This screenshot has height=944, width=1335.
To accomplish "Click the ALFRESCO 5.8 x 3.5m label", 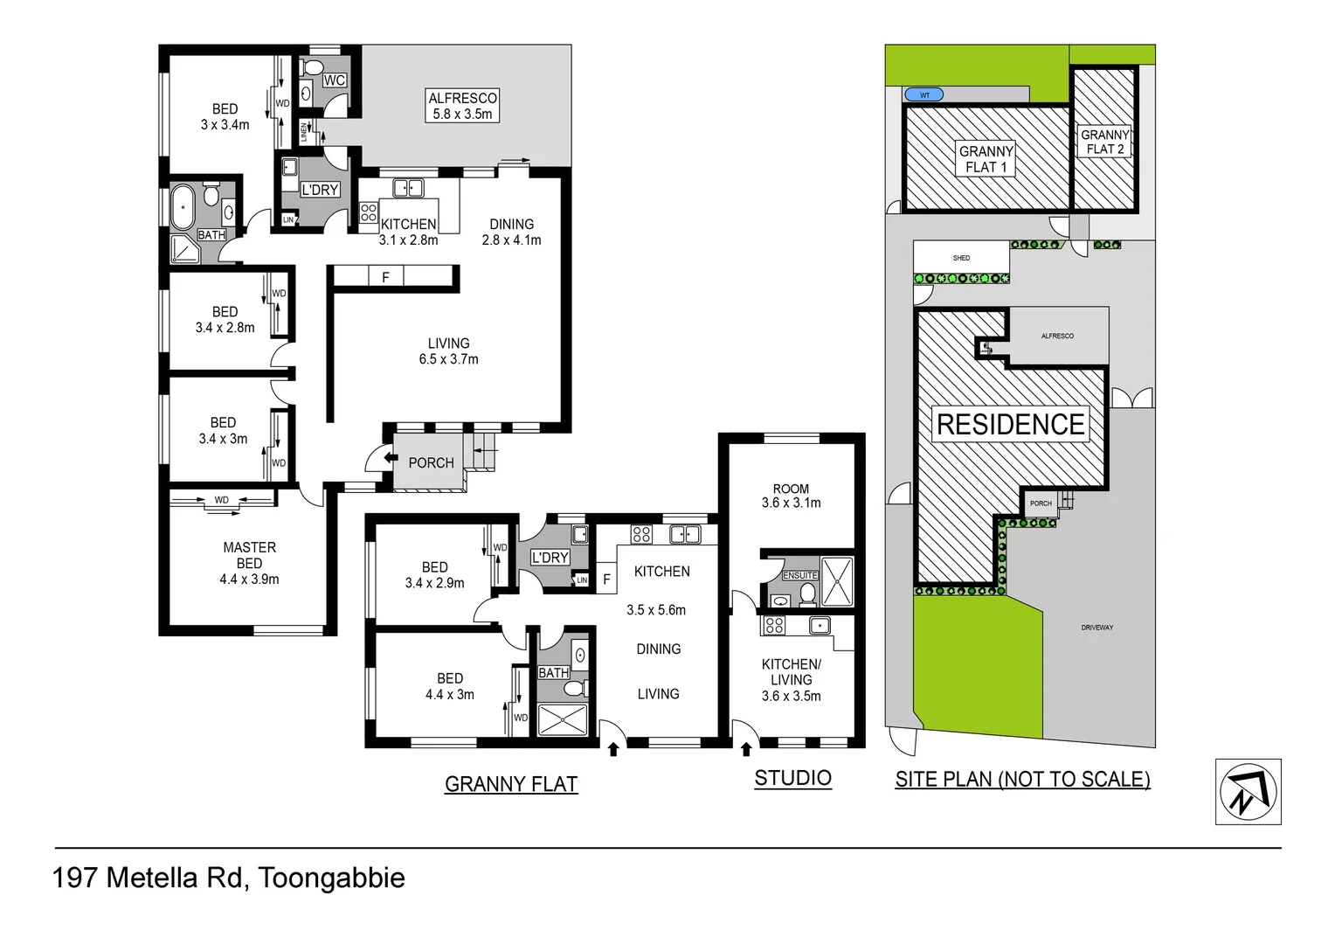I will [462, 106].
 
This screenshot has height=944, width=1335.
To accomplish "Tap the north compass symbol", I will [1248, 792].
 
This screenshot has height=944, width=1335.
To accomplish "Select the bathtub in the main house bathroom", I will [184, 208].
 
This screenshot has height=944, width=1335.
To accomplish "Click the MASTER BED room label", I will [249, 563].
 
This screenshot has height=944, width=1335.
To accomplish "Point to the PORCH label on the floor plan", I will [431, 463].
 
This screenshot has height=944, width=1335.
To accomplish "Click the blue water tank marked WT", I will [923, 94].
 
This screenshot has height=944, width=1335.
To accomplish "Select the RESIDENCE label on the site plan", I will [1010, 425].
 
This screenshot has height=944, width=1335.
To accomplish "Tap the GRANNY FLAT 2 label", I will [1104, 142].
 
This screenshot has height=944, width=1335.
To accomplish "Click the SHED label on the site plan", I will [961, 258].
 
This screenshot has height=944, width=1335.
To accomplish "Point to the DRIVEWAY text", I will [1096, 628].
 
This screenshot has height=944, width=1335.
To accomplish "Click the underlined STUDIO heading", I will [792, 778].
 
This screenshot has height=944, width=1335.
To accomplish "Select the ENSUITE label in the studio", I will [799, 575].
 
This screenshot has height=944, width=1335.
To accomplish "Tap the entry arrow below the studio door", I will [745, 749].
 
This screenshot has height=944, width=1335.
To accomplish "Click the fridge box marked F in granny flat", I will [606, 580].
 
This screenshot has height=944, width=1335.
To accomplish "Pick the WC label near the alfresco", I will [334, 80].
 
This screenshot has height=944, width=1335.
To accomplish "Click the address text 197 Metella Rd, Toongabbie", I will [229, 878].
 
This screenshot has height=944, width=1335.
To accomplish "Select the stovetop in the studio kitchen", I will [773, 625].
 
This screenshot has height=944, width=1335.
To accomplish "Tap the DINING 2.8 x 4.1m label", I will [511, 232].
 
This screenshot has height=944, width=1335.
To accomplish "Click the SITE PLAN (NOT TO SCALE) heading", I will [1022, 779].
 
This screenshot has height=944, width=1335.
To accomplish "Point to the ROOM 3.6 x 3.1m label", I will [791, 496].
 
